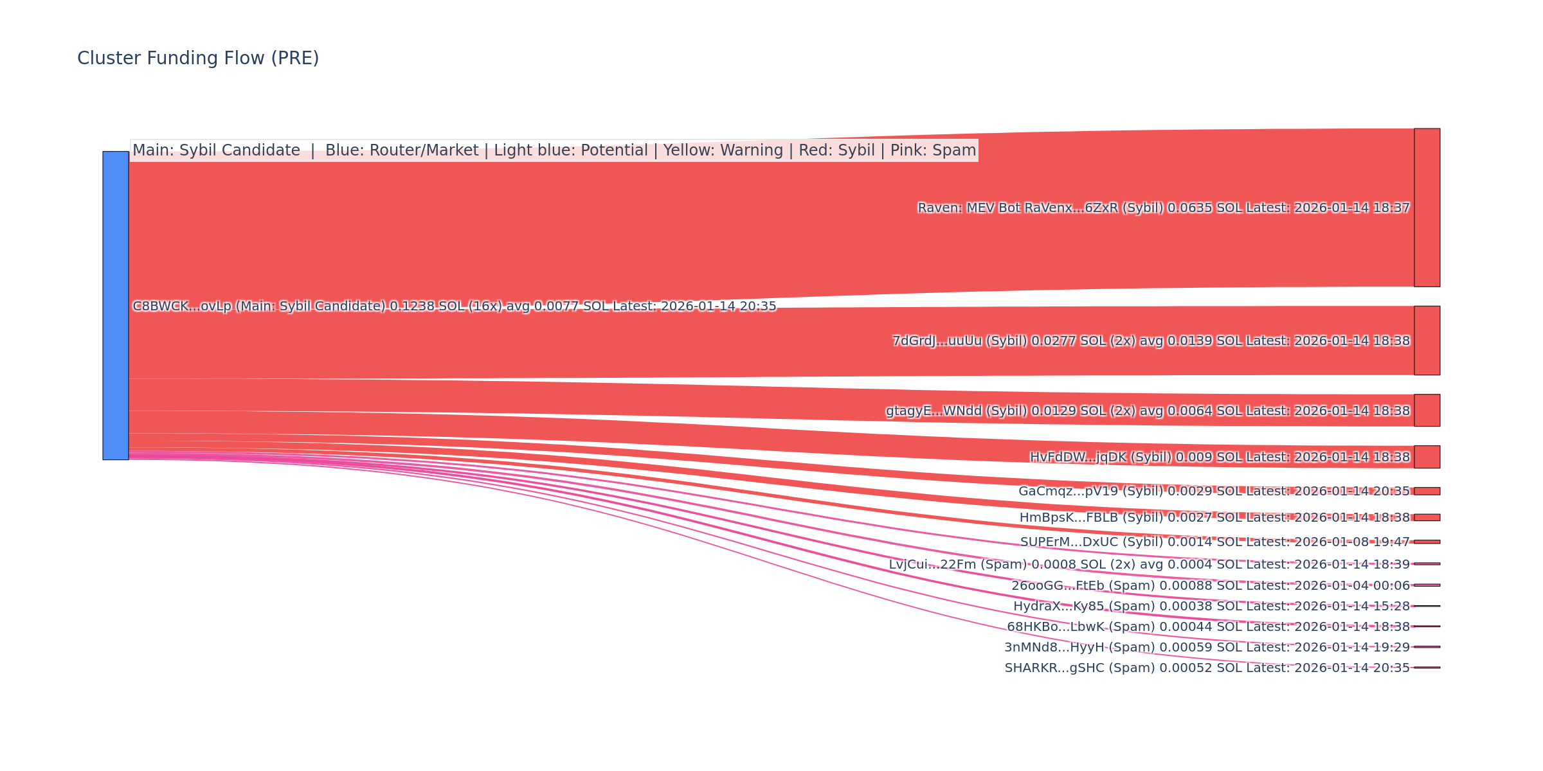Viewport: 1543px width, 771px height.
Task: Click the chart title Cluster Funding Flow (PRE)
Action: pos(198,58)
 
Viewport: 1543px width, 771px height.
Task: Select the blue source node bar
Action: pos(116,305)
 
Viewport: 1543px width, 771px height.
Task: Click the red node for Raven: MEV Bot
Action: pos(1427,208)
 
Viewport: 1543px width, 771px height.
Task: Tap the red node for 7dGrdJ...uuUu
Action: pos(1427,341)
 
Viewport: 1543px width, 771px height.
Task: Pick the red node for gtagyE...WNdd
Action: pos(1427,411)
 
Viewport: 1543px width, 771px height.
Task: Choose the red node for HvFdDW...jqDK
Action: pos(1427,457)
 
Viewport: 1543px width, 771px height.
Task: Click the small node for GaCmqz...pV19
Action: pos(1427,491)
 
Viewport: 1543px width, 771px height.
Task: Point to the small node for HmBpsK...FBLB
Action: pos(1427,517)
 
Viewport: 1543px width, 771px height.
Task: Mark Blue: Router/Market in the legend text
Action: pos(402,150)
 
